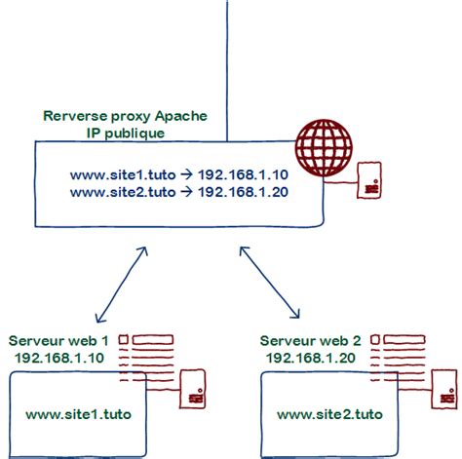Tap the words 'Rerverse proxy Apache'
(133, 116)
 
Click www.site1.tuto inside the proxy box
(122, 175)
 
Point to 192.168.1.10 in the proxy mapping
(243, 175)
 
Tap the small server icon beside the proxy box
(369, 182)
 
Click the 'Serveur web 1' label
(58, 342)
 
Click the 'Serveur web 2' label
(310, 342)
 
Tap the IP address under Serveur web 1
(58, 359)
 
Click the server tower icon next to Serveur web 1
(194, 388)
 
